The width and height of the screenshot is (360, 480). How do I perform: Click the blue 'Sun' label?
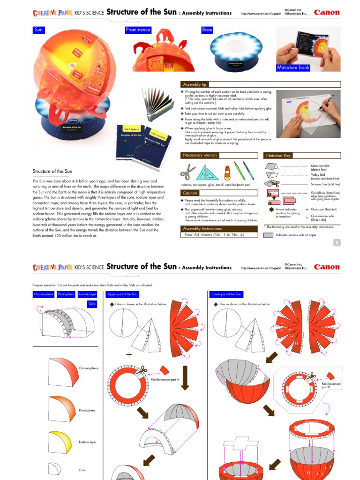(39, 30)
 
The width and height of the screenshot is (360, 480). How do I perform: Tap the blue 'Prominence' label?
(138, 30)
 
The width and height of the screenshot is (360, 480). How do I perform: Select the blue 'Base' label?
(207, 30)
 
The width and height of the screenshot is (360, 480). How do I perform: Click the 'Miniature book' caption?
(293, 68)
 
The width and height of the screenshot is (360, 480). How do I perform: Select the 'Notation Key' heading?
(278, 156)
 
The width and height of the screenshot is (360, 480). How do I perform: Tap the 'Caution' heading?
(190, 193)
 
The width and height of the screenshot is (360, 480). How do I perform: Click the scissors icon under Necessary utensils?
(188, 172)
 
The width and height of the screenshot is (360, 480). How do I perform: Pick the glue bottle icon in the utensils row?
(227, 172)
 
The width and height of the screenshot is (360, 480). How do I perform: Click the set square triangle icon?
(207, 172)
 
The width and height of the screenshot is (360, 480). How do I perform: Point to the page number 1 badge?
(337, 242)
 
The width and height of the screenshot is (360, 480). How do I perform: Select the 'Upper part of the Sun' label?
(122, 294)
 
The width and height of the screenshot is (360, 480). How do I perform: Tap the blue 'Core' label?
(92, 304)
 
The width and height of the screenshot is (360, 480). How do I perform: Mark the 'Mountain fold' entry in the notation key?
(320, 166)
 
